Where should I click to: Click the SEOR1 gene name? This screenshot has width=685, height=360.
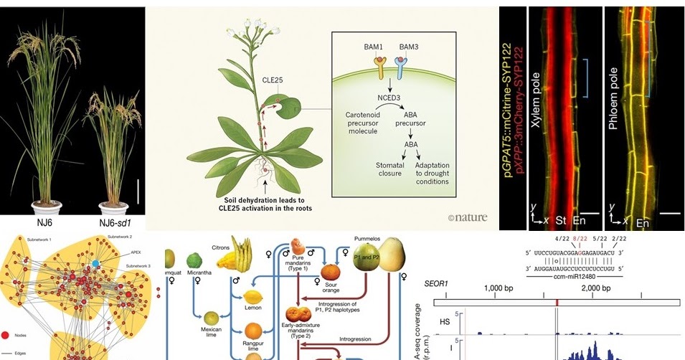(x=438, y=285)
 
